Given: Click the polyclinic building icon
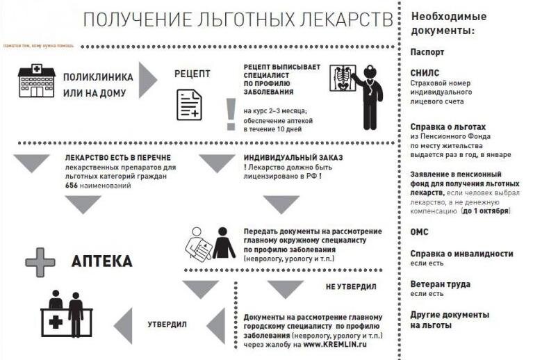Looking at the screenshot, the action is pyautogui.click(x=36, y=81).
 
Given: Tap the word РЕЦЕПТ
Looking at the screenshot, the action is pyautogui.click(x=192, y=74).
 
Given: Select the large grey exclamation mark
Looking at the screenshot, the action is pyautogui.click(x=230, y=114).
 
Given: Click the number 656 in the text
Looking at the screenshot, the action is pyautogui.click(x=72, y=186).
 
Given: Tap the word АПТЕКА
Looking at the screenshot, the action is pyautogui.click(x=102, y=261).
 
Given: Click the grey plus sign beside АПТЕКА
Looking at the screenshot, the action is pyautogui.click(x=40, y=262).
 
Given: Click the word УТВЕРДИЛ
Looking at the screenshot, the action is pyautogui.click(x=167, y=324).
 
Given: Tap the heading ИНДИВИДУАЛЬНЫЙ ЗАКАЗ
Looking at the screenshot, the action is pyautogui.click(x=293, y=158).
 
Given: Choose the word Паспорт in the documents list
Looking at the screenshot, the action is pyautogui.click(x=427, y=52).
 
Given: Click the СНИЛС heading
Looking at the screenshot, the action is pyautogui.click(x=425, y=72).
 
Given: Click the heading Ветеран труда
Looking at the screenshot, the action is pyautogui.click(x=440, y=284).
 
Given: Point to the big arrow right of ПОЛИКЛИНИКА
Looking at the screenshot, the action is pyautogui.click(x=147, y=80).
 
